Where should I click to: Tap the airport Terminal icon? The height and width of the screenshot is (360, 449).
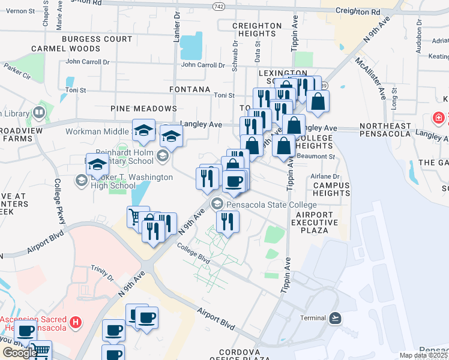click(x=335, y=317)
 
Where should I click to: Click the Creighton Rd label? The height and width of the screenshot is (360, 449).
click(x=358, y=11)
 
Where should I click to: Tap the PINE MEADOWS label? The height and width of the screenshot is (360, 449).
click(x=143, y=109)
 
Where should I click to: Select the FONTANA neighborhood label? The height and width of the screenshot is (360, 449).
click(x=190, y=89)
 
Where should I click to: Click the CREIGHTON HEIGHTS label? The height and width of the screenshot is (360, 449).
click(x=256, y=30)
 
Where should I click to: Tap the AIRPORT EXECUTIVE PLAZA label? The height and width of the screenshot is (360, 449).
click(x=314, y=222)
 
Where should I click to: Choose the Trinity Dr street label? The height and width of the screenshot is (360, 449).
click(x=102, y=273)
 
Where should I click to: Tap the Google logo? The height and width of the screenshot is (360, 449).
click(x=19, y=353)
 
